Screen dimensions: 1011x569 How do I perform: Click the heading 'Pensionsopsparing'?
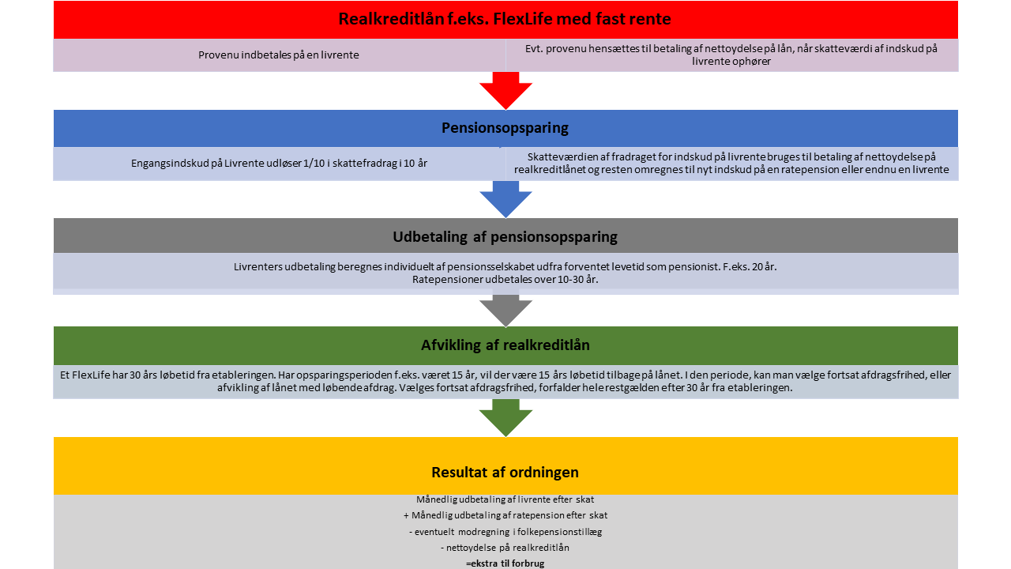[x=505, y=128]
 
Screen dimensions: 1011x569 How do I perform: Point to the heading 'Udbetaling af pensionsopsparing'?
[x=505, y=237]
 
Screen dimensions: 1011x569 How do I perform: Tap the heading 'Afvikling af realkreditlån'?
[x=505, y=345]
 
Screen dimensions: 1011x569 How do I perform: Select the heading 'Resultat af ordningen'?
[x=505, y=473]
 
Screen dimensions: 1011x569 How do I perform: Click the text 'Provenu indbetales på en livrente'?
[x=279, y=55]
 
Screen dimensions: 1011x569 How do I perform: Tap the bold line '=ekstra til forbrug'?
[x=505, y=563]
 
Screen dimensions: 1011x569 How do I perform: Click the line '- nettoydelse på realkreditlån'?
[x=505, y=548]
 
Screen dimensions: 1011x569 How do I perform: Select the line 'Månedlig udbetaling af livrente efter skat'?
[x=505, y=499]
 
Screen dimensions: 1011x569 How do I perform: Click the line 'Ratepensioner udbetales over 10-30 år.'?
[x=505, y=280]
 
